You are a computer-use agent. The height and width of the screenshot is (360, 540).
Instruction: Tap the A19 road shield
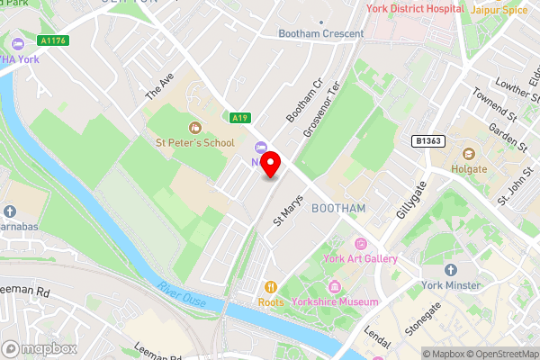pyautogui.click(x=239, y=117)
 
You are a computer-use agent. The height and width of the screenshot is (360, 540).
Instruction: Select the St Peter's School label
pyautogui.click(x=194, y=141)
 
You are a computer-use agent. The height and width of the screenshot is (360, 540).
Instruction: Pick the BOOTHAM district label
pyautogui.click(x=337, y=208)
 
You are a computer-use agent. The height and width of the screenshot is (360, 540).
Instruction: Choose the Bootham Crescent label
pyautogui.click(x=320, y=34)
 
